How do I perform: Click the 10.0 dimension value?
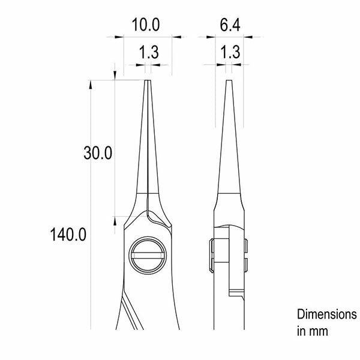click(x=146, y=25)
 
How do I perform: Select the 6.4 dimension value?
click(x=230, y=25)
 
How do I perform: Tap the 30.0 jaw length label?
click(x=98, y=153)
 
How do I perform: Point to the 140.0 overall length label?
click(x=68, y=234)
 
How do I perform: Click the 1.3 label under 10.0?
click(x=149, y=52)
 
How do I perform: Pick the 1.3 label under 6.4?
click(x=230, y=52)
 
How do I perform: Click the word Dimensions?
click(x=327, y=314)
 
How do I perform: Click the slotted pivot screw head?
click(x=148, y=256)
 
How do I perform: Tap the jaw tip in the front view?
click(x=148, y=80)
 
